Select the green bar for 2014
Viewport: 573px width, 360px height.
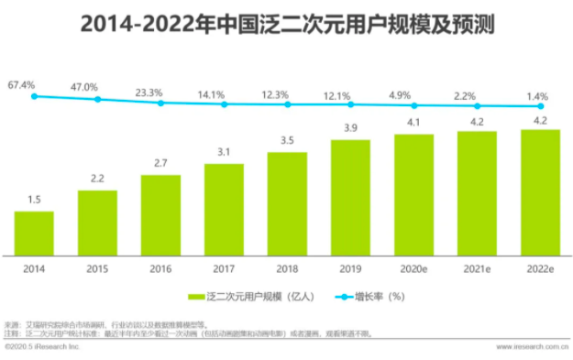pyautogui.click(x=34, y=233)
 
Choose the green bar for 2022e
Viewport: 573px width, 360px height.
pyautogui.click(x=540, y=192)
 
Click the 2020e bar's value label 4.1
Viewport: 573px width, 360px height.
pyautogui.click(x=413, y=123)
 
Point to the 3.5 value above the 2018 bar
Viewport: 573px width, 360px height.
pyautogui.click(x=287, y=140)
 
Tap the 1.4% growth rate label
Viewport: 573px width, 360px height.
pyautogui.click(x=539, y=95)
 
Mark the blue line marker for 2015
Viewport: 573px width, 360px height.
pyautogui.click(x=97, y=98)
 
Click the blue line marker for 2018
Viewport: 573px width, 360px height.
pyautogui.click(x=287, y=104)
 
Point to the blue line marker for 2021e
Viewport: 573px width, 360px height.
pyautogui.click(x=477, y=106)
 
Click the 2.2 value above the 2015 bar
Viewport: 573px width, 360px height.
pyautogui.click(x=97, y=179)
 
